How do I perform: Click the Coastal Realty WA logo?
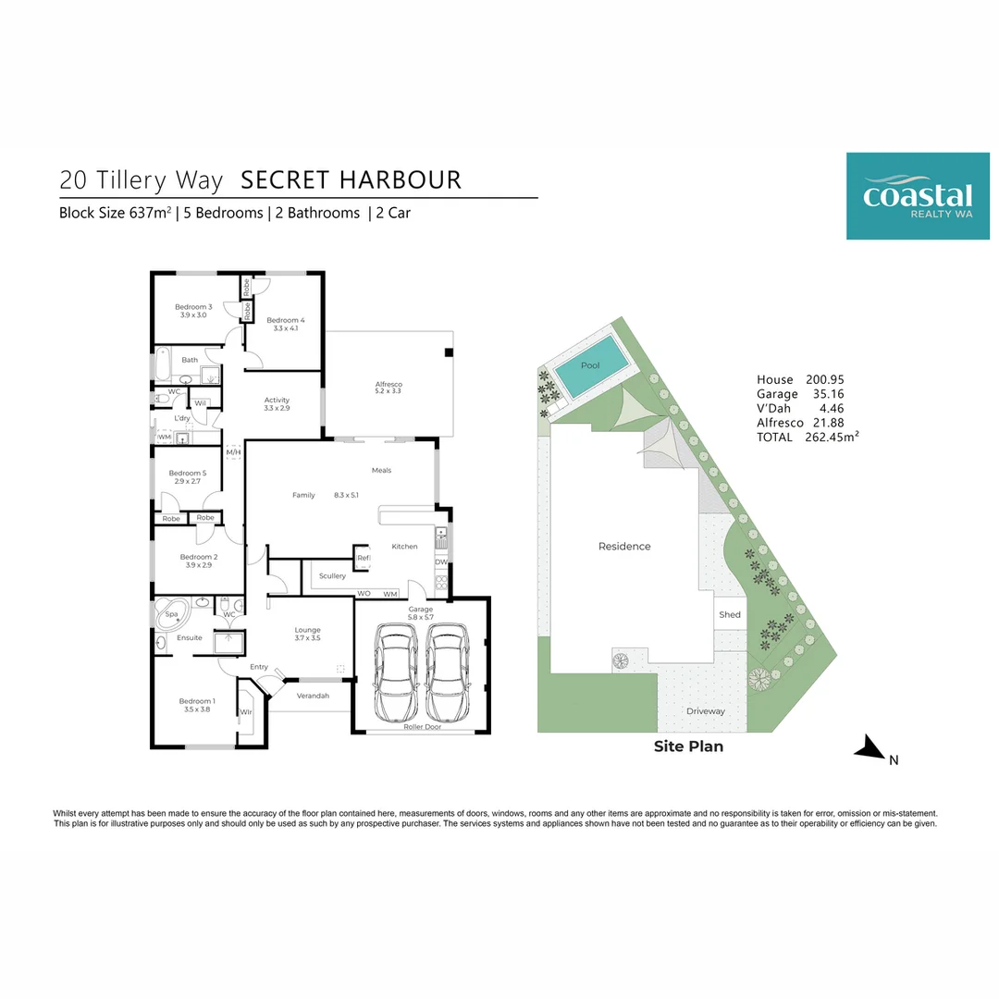pyautogui.click(x=917, y=196)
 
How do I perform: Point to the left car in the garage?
pyautogui.click(x=396, y=672)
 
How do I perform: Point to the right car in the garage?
pyautogui.click(x=447, y=672)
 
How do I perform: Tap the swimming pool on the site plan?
pyautogui.click(x=589, y=366)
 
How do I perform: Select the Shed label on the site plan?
pyautogui.click(x=730, y=614)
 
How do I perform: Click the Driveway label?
pyautogui.click(x=705, y=711)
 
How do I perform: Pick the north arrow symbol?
pyautogui.click(x=870, y=748)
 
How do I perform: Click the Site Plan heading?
pyautogui.click(x=688, y=746)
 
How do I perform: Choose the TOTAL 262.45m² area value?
pyautogui.click(x=807, y=437)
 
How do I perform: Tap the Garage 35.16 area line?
pyautogui.click(x=800, y=394)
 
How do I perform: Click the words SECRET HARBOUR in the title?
pyautogui.click(x=351, y=179)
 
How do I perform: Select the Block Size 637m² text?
pyautogui.click(x=114, y=213)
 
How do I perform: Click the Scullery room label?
pyautogui.click(x=332, y=576)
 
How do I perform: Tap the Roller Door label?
pyautogui.click(x=422, y=727)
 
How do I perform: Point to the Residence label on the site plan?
pyautogui.click(x=624, y=547)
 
